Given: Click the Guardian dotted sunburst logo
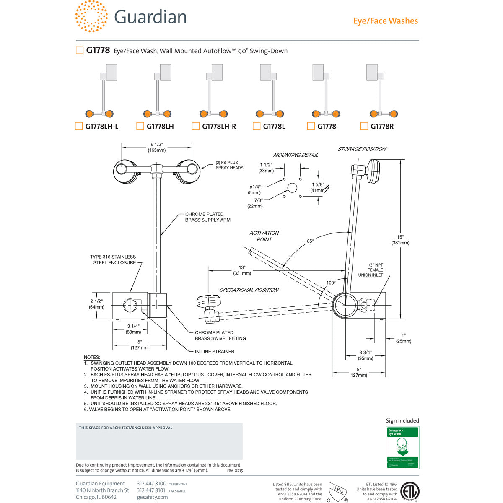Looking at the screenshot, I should (x=91, y=16).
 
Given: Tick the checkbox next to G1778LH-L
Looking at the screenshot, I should (x=79, y=126).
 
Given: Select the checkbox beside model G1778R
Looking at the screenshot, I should (x=364, y=126).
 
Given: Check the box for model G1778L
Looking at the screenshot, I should (x=257, y=126).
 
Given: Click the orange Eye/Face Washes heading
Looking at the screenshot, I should (x=385, y=21).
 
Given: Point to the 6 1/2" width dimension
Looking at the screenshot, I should (x=157, y=147).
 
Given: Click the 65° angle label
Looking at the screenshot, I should (x=310, y=241).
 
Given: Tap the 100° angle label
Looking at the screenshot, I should (x=331, y=283).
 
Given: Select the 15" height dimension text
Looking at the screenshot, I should (x=400, y=240).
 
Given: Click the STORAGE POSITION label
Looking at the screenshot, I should (x=362, y=149).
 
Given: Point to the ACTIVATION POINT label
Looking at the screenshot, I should (x=264, y=236).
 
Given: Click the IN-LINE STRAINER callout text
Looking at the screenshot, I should (x=214, y=352).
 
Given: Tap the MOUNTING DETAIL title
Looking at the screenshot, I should (x=296, y=155).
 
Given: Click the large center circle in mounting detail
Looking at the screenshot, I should (x=292, y=187).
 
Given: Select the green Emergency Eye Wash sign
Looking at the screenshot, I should (x=402, y=448).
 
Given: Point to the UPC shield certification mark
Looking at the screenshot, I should (x=337, y=490).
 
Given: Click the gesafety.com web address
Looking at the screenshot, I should (x=152, y=497).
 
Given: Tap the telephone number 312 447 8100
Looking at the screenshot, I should (x=151, y=484).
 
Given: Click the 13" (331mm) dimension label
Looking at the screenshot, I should (x=242, y=270).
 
